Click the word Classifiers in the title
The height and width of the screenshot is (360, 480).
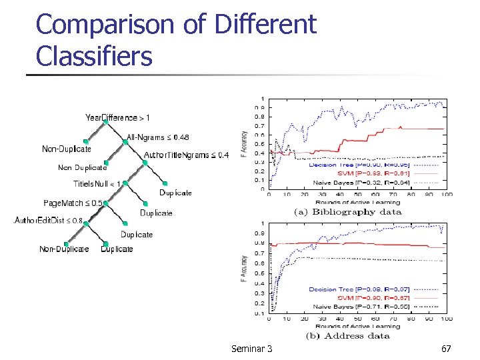click(x=94, y=56)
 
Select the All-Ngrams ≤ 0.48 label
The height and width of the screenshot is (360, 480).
click(x=157, y=137)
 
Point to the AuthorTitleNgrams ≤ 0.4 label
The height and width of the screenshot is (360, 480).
click(x=186, y=155)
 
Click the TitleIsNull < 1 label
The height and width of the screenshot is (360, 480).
click(x=97, y=183)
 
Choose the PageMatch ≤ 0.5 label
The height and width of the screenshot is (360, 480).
click(x=73, y=203)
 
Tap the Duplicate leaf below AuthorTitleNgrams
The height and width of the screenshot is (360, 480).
click(x=175, y=193)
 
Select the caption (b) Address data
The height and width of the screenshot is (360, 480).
click(x=347, y=335)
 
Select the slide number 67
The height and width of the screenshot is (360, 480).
click(x=446, y=349)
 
